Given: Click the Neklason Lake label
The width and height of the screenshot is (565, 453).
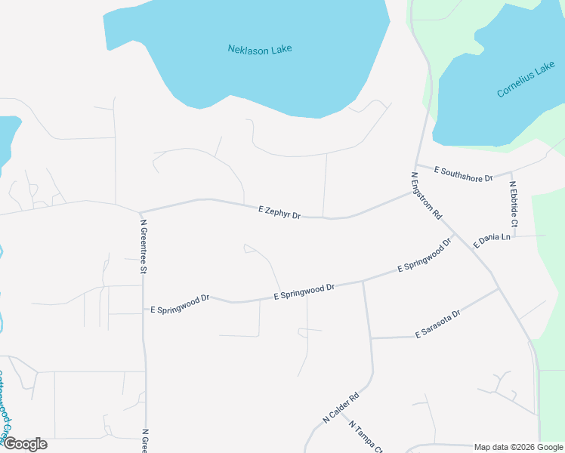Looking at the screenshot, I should coord(260,49).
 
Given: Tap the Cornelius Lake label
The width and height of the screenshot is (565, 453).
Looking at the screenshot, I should coord(526,82).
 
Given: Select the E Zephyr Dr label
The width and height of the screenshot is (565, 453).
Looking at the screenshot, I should coord(279,212).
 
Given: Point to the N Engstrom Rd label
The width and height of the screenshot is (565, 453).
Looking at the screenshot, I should coord(426,196).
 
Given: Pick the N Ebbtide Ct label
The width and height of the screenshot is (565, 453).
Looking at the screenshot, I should coord(514,204).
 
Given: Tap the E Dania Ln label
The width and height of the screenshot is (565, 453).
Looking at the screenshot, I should coord(492,241).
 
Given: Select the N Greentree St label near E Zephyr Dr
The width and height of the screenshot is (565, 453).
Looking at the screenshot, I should coord(143,245).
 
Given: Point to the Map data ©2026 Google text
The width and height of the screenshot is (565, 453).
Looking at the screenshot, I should coord(518,447).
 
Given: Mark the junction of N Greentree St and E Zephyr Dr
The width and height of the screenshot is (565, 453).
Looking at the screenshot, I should coord(140,211).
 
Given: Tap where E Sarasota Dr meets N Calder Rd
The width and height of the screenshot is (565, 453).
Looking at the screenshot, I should coord(372,337).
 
